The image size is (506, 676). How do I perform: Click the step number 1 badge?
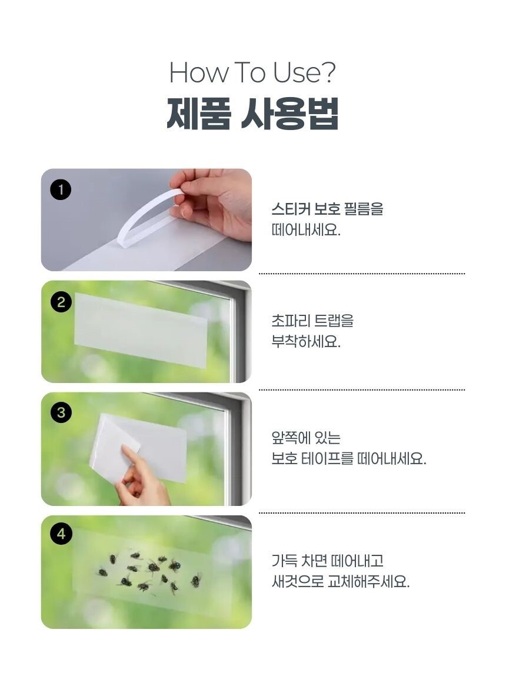click(x=61, y=189)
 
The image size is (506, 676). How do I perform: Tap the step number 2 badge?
click(x=61, y=302)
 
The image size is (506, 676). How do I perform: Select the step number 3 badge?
click(x=61, y=412)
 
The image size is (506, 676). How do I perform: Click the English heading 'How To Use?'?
click(x=252, y=72)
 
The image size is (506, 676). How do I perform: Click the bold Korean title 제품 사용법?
click(x=252, y=113)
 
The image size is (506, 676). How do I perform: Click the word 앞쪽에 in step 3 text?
click(x=290, y=438)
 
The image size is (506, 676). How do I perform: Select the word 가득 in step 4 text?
click(x=284, y=561)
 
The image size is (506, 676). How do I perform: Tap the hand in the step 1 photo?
click(x=214, y=202)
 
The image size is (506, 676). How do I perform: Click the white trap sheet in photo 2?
click(x=141, y=330)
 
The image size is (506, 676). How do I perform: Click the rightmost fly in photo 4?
click(x=196, y=580)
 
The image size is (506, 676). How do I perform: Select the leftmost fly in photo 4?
click(x=102, y=572)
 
